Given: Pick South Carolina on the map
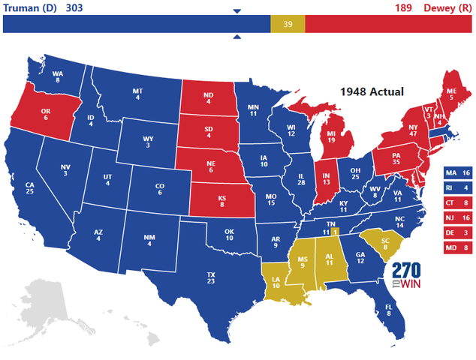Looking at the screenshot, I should click(381, 243).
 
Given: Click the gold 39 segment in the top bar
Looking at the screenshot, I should click(288, 25).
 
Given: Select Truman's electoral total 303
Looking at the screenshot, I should click(74, 7).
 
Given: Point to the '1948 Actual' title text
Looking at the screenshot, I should click(371, 91).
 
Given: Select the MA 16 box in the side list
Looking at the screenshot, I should click(458, 172).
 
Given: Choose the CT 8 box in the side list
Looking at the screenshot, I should click(458, 202).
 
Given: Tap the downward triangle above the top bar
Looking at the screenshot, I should click(237, 10).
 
